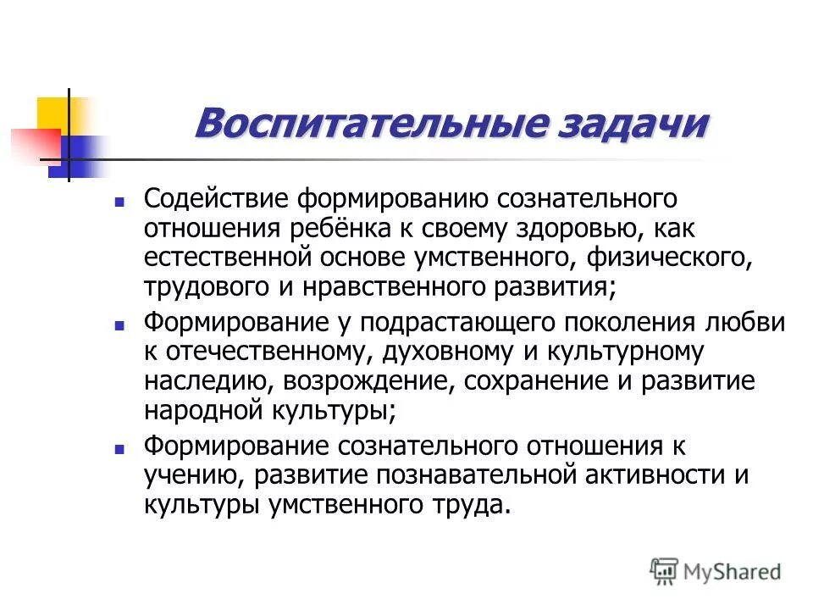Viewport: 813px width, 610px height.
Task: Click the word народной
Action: pos(200,410)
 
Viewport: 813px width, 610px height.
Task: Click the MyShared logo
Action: pos(716,572)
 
